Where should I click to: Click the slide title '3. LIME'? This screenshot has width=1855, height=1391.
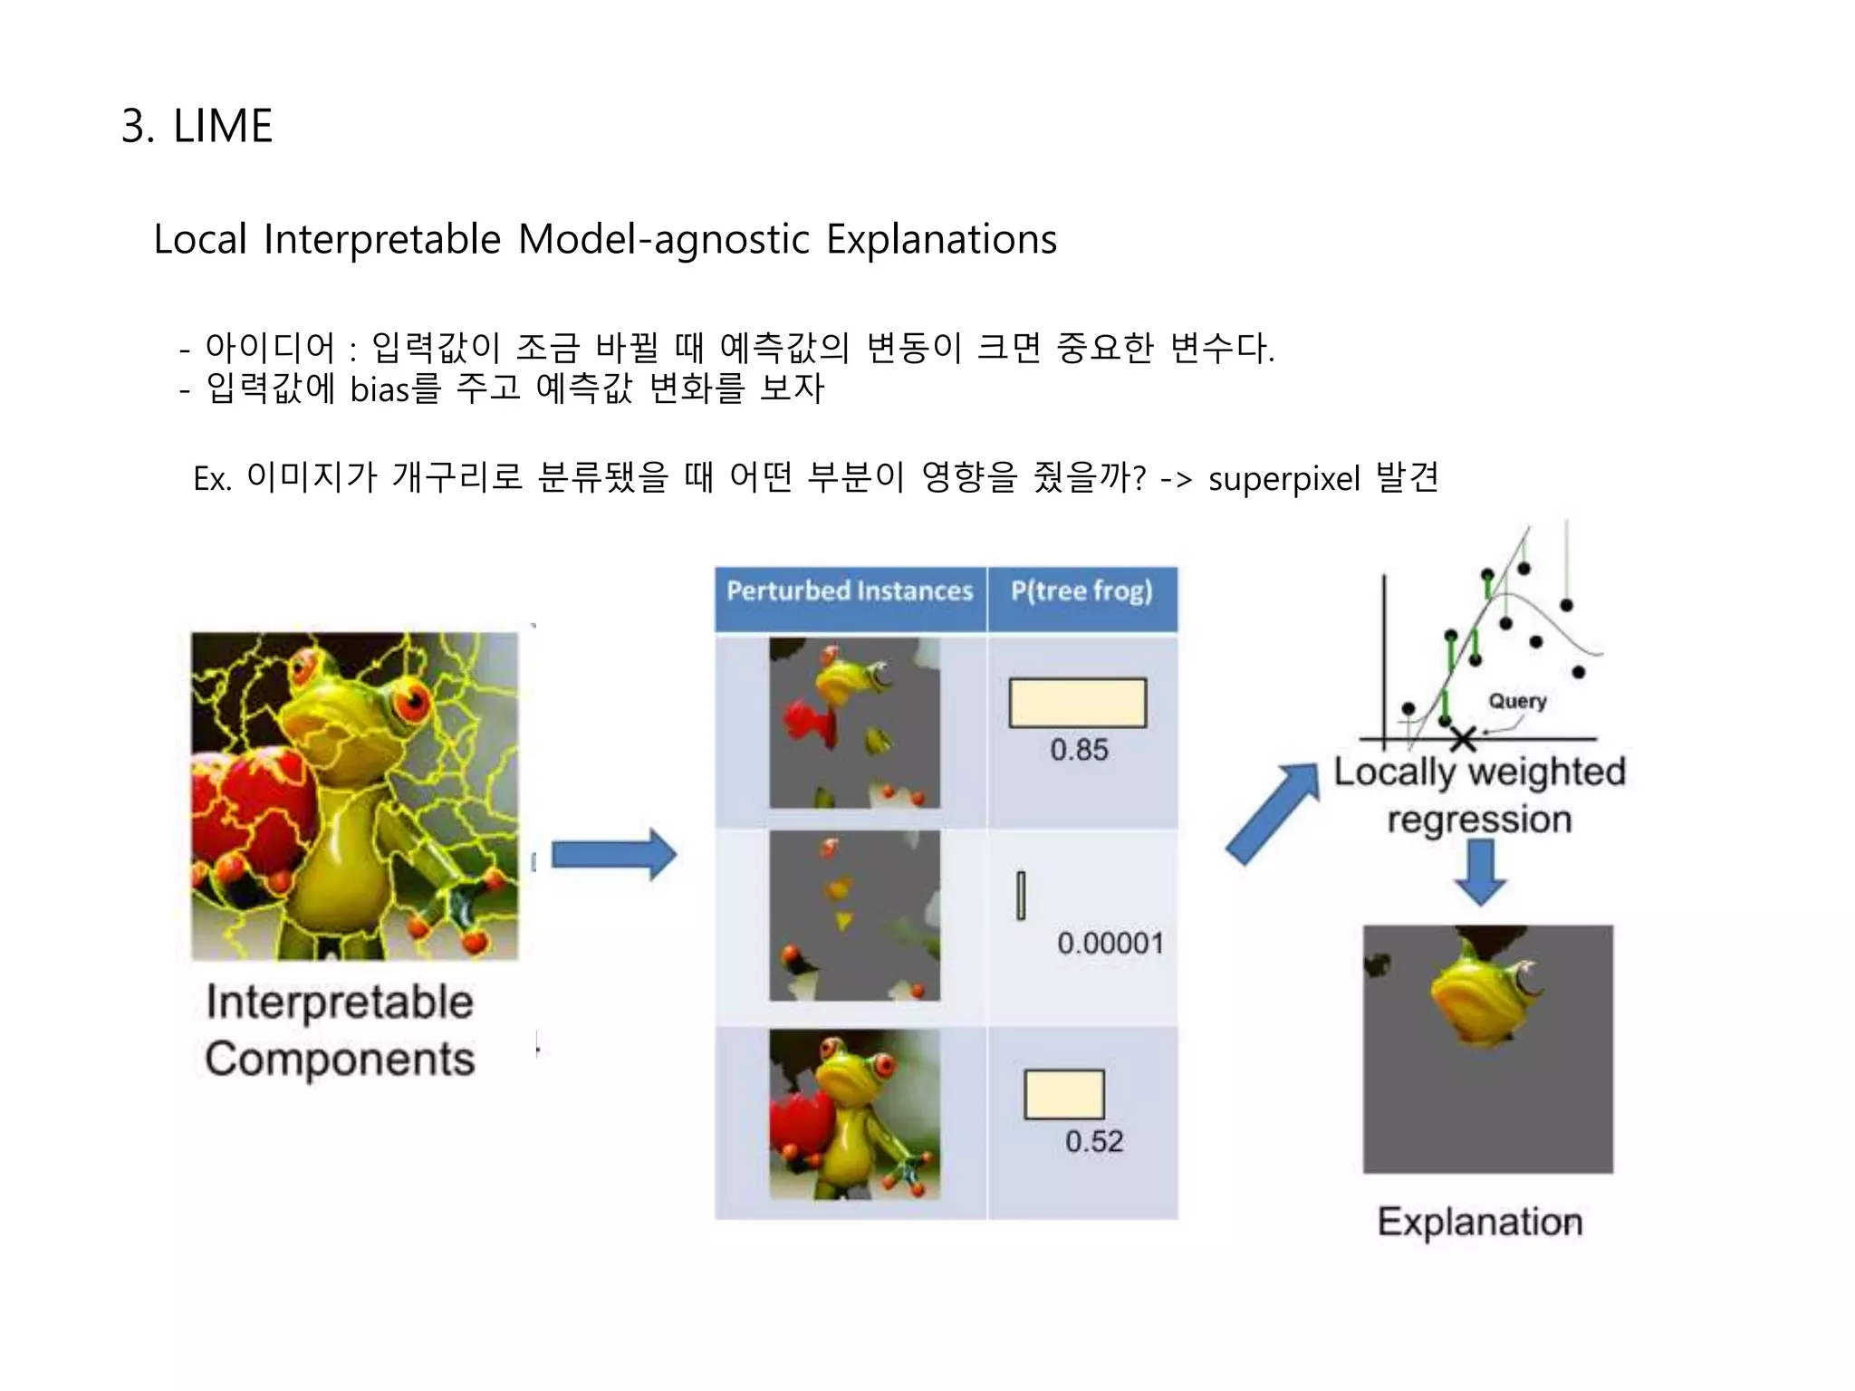coord(197,126)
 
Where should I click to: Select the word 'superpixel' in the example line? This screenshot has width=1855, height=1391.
coord(1283,479)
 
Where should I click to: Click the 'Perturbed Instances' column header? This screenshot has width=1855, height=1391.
coord(849,591)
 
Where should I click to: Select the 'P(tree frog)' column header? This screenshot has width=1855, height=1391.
coord(1081,591)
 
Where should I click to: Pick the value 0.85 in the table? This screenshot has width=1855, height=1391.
coord(1079,750)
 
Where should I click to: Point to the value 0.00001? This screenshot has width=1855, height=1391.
coord(1110,944)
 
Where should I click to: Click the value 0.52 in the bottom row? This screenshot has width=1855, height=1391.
coord(1093,1141)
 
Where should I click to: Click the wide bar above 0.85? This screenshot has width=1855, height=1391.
coord(1078,703)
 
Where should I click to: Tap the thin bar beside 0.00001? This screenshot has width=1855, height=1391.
coord(1021,896)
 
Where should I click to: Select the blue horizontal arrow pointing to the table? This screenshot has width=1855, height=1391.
coord(613,854)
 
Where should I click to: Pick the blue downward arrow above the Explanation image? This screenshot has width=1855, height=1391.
coord(1480,871)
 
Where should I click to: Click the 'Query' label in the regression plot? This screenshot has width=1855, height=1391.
coord(1517,701)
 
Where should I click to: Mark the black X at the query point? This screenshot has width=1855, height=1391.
coord(1463,739)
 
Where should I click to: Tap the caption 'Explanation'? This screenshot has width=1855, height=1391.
coord(1479,1222)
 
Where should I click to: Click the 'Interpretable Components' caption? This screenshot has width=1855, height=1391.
coord(340,1031)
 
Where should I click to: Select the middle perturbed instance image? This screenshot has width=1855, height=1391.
coord(854,916)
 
